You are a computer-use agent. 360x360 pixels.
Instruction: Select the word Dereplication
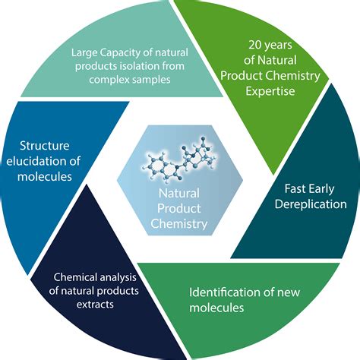point(311,204)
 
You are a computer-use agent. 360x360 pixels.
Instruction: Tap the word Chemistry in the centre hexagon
point(179,223)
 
